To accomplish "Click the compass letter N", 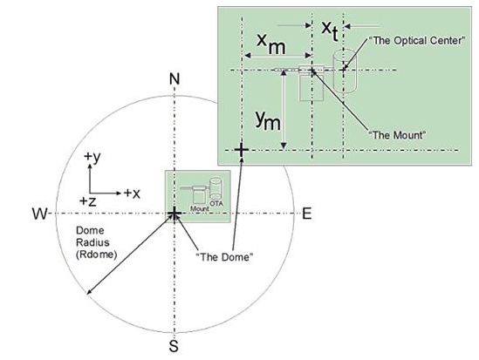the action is pyautogui.click(x=174, y=79).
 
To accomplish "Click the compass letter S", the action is pyautogui.click(x=174, y=346).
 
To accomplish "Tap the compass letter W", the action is pyautogui.click(x=40, y=214).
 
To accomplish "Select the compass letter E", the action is pyautogui.click(x=307, y=214).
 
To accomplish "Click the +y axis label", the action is pyautogui.click(x=92, y=157).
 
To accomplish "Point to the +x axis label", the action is pyautogui.click(x=132, y=194).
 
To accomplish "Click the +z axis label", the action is pyautogui.click(x=88, y=201).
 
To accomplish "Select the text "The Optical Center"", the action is pyautogui.click(x=417, y=41).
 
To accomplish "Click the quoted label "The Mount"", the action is pyautogui.click(x=397, y=135).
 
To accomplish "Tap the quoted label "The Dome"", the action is pyautogui.click(x=224, y=257).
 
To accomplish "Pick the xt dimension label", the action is pyautogui.click(x=330, y=31).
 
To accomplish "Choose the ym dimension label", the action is pyautogui.click(x=268, y=120).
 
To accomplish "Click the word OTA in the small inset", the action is pyautogui.click(x=216, y=203).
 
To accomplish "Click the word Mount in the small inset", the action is pyautogui.click(x=200, y=209).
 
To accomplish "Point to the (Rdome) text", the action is pyautogui.click(x=97, y=255).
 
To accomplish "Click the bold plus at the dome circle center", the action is pyautogui.click(x=174, y=214).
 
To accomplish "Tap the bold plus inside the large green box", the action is pyautogui.click(x=242, y=150).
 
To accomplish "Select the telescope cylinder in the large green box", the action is pyautogui.click(x=345, y=71).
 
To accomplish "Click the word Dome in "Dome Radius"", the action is pyautogui.click(x=90, y=231).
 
